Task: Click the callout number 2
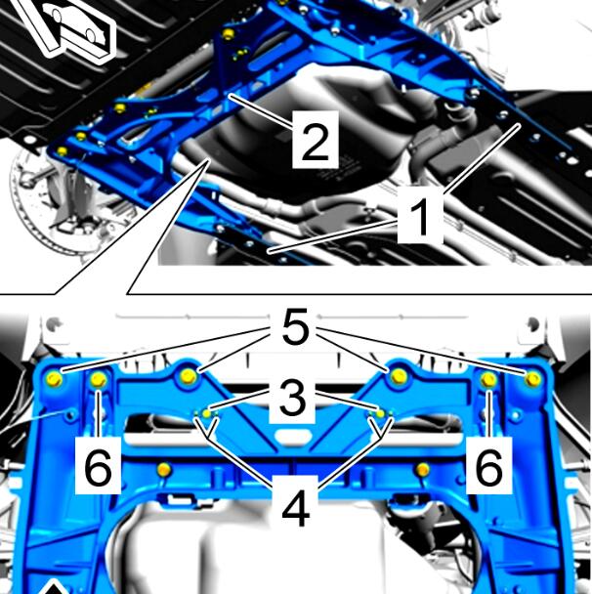(x=316, y=140)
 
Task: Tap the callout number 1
(x=420, y=215)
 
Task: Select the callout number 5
(x=295, y=326)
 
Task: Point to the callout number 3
(x=292, y=401)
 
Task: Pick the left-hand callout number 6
(x=98, y=466)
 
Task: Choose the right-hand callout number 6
(x=489, y=466)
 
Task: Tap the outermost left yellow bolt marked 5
(x=54, y=379)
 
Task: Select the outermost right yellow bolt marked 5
(x=533, y=378)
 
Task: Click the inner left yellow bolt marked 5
(x=189, y=376)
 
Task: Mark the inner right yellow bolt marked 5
(x=399, y=376)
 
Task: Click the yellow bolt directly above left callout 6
(x=99, y=379)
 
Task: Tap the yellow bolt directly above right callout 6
(x=488, y=379)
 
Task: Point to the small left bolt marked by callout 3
(x=207, y=413)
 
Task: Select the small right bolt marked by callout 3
(x=380, y=413)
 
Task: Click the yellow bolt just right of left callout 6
(x=163, y=470)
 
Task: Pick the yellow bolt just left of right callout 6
(x=423, y=470)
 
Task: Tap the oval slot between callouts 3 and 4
(x=294, y=436)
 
